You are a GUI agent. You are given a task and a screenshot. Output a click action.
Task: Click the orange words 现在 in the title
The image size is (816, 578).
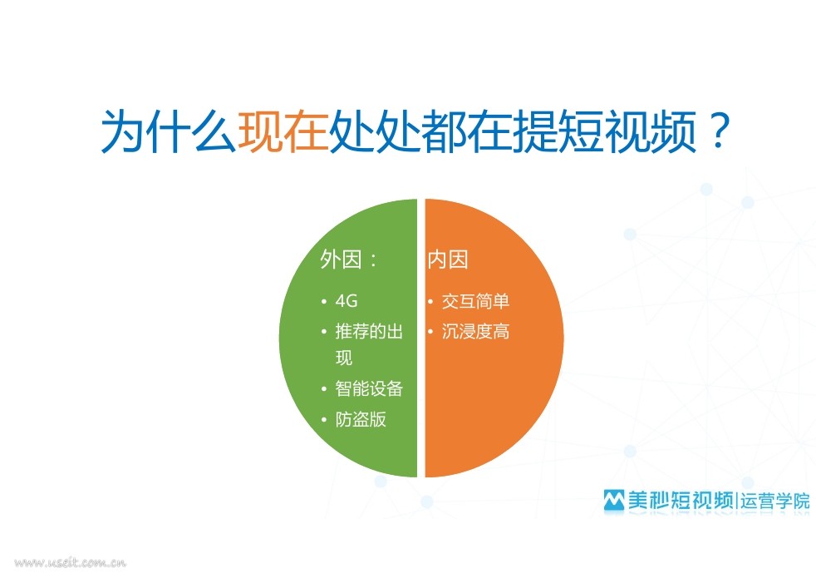(x=283, y=131)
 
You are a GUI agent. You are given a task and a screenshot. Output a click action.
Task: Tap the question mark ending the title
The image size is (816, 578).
(x=720, y=131)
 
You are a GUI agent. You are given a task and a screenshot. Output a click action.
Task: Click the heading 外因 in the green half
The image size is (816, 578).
(x=341, y=259)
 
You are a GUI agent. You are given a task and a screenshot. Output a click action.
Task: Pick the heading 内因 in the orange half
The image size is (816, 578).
(x=448, y=259)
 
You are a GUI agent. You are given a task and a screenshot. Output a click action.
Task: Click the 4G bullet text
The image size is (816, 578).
(x=347, y=301)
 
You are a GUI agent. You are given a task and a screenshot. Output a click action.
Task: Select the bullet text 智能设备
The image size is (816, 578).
(x=369, y=388)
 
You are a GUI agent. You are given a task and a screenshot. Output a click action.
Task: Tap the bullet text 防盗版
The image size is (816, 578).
(x=361, y=419)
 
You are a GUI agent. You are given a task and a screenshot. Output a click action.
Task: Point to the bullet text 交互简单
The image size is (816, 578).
(x=475, y=301)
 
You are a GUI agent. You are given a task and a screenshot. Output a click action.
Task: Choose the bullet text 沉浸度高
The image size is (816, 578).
(x=475, y=331)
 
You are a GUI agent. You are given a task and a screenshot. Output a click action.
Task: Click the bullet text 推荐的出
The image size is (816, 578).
(x=369, y=331)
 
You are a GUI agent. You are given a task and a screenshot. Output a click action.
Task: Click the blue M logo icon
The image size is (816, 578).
(x=614, y=500)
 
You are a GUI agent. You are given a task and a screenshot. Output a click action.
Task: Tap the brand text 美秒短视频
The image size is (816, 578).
(x=681, y=500)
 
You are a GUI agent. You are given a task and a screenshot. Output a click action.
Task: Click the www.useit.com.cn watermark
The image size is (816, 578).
(x=70, y=562)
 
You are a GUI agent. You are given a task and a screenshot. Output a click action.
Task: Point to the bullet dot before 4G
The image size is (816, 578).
(x=324, y=302)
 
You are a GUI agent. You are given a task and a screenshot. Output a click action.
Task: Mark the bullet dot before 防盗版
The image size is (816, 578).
(x=324, y=419)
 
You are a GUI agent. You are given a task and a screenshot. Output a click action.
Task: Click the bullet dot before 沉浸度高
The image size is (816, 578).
(x=430, y=331)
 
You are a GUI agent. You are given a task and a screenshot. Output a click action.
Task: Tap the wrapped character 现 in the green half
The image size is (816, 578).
(x=344, y=358)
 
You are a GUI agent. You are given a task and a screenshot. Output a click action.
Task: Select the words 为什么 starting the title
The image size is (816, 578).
(x=168, y=131)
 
